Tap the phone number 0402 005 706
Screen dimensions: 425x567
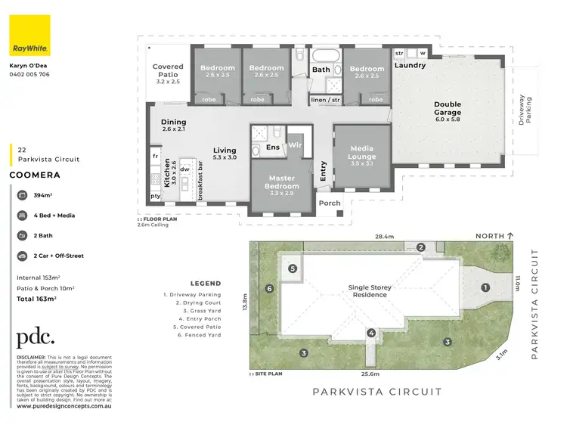[x=29, y=74]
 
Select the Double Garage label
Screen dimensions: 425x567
[x=448, y=109]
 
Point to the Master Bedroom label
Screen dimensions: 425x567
[x=281, y=182]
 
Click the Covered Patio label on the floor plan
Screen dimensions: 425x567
[x=169, y=72]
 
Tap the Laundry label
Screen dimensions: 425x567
[x=409, y=66]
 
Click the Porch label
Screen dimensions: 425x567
[x=329, y=203]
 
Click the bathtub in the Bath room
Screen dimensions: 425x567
[x=327, y=57]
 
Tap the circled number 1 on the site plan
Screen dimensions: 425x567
[x=485, y=287]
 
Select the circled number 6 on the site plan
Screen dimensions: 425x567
[x=269, y=288]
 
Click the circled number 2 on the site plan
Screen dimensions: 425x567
[x=421, y=247]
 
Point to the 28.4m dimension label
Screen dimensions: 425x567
[x=384, y=237]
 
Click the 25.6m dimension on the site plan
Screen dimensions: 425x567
[x=370, y=374]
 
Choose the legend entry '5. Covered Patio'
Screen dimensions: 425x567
[x=192, y=327]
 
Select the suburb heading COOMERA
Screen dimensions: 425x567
[x=34, y=174]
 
